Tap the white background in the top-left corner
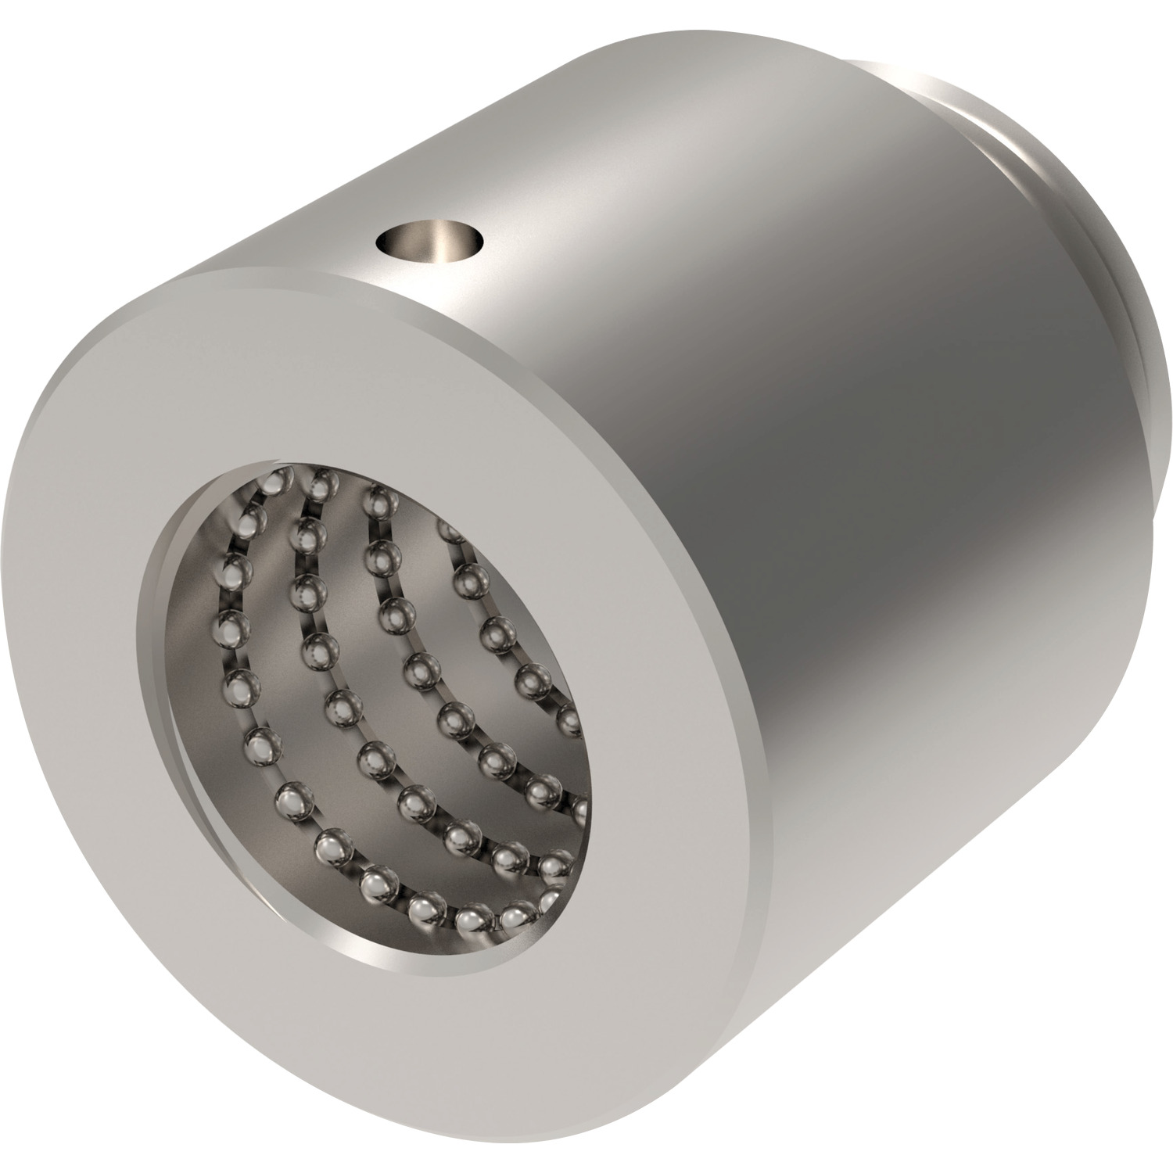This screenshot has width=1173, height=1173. pos(47,47)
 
